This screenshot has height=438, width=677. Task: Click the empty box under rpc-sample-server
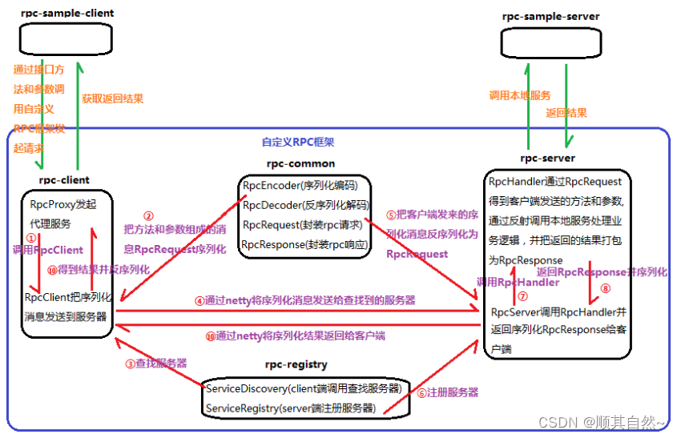tap(549, 42)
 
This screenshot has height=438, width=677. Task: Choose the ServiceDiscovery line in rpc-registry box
tap(303, 388)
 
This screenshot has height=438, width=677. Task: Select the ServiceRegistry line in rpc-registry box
tap(291, 408)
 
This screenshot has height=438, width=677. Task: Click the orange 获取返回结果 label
tap(113, 98)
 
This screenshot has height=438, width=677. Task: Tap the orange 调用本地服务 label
tap(520, 95)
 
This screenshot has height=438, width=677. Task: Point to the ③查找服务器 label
tap(155, 363)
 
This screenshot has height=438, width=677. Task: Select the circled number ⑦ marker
tap(501, 295)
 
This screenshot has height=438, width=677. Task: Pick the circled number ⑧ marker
tap(605, 288)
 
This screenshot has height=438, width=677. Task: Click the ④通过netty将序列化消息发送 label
tap(304, 300)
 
